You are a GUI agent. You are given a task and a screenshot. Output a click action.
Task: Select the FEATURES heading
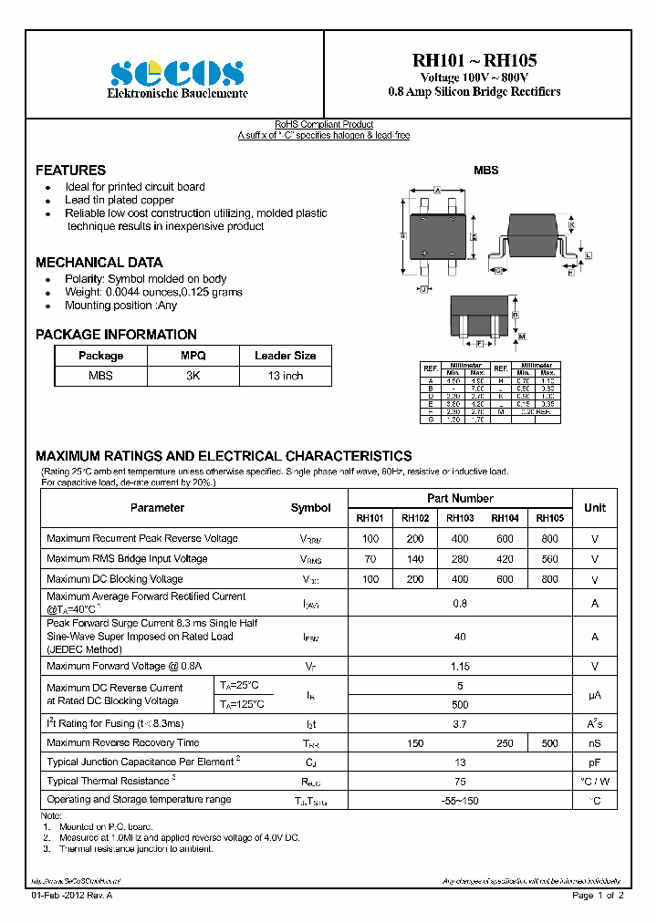(70, 171)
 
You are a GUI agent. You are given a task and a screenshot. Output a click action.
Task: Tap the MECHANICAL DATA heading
(99, 262)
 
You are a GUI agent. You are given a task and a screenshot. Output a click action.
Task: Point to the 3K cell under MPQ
(193, 376)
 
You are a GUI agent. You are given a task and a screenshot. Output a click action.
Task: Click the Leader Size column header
(285, 356)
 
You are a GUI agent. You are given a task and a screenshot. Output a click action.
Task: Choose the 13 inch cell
(285, 376)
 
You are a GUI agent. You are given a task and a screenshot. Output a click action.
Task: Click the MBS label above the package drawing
(485, 171)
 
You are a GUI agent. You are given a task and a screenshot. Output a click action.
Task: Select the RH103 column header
(460, 518)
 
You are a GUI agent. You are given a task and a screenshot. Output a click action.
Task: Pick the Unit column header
(595, 508)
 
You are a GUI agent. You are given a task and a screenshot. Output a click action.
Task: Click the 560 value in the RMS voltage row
(549, 559)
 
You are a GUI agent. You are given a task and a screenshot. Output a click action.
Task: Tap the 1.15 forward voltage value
(460, 667)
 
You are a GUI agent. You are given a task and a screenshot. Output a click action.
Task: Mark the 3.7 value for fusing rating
(460, 724)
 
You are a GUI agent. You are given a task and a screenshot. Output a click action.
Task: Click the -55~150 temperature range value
(460, 800)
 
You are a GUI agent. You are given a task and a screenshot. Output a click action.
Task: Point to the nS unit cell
(595, 743)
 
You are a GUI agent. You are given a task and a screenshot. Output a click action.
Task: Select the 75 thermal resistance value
(460, 782)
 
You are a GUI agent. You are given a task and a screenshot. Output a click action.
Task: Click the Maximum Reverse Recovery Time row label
(122, 743)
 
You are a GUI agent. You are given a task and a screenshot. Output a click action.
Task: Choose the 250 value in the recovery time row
(506, 743)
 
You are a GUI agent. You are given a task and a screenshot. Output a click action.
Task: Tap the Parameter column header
(157, 508)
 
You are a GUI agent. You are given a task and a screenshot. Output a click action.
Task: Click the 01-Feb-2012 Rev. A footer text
(72, 897)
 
